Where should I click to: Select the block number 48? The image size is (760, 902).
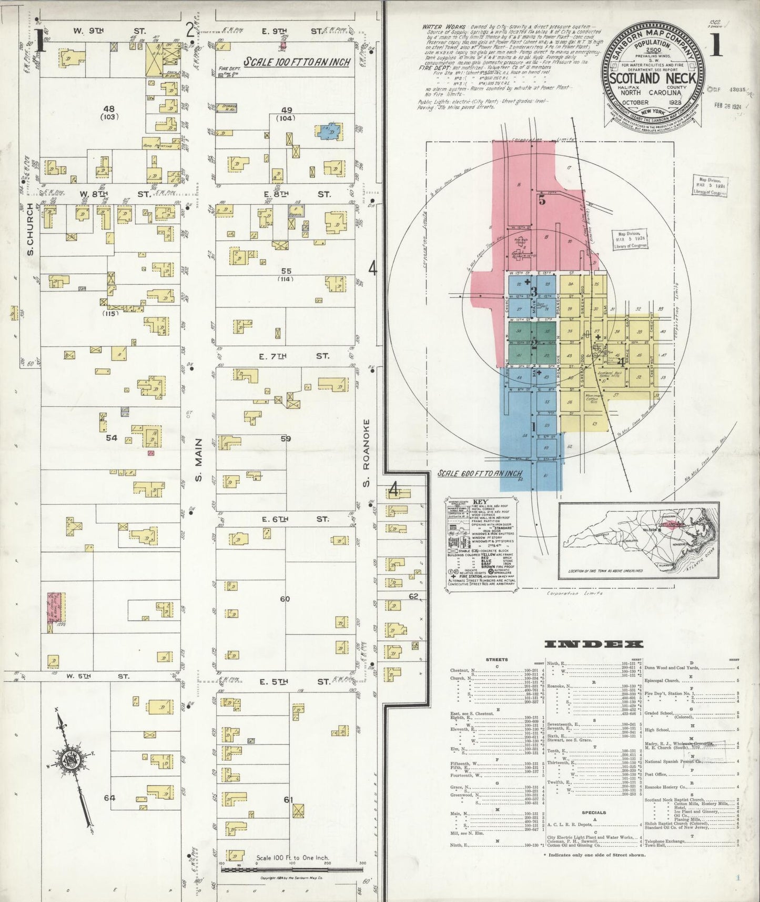tap(109, 109)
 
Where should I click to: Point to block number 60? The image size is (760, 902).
tap(285, 599)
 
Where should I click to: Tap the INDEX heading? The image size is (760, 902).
tap(594, 644)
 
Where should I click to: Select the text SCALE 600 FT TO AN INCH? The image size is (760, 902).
tap(480, 474)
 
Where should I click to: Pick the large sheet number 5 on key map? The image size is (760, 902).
tap(542, 201)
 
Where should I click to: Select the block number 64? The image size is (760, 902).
tap(109, 798)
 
